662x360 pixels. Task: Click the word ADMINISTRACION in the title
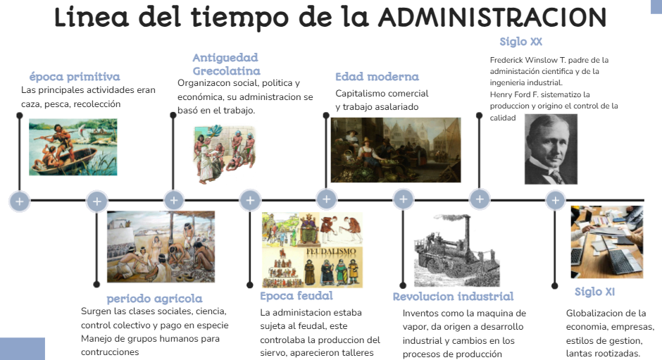coord(492,18)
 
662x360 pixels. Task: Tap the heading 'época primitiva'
coord(75,77)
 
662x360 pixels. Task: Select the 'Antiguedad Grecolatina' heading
coord(226,64)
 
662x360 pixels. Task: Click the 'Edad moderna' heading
coord(377,77)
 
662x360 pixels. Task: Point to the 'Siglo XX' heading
coord(520,42)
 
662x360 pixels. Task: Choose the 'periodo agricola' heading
coord(154,299)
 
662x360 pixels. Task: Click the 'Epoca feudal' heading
coord(296,296)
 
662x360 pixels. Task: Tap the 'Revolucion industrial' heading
coord(453,297)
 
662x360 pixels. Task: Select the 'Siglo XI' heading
coord(594,292)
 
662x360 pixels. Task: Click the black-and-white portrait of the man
coord(551,149)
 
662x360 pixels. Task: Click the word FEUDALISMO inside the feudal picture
coord(331,252)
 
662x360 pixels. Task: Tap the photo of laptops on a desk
coord(606,242)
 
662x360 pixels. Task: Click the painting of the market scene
coord(396,150)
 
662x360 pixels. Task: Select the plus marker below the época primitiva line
coord(20,201)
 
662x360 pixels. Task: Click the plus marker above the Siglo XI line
coord(556,200)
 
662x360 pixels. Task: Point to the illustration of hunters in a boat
coord(73,147)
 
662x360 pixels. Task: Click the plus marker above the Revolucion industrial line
coord(404,199)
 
